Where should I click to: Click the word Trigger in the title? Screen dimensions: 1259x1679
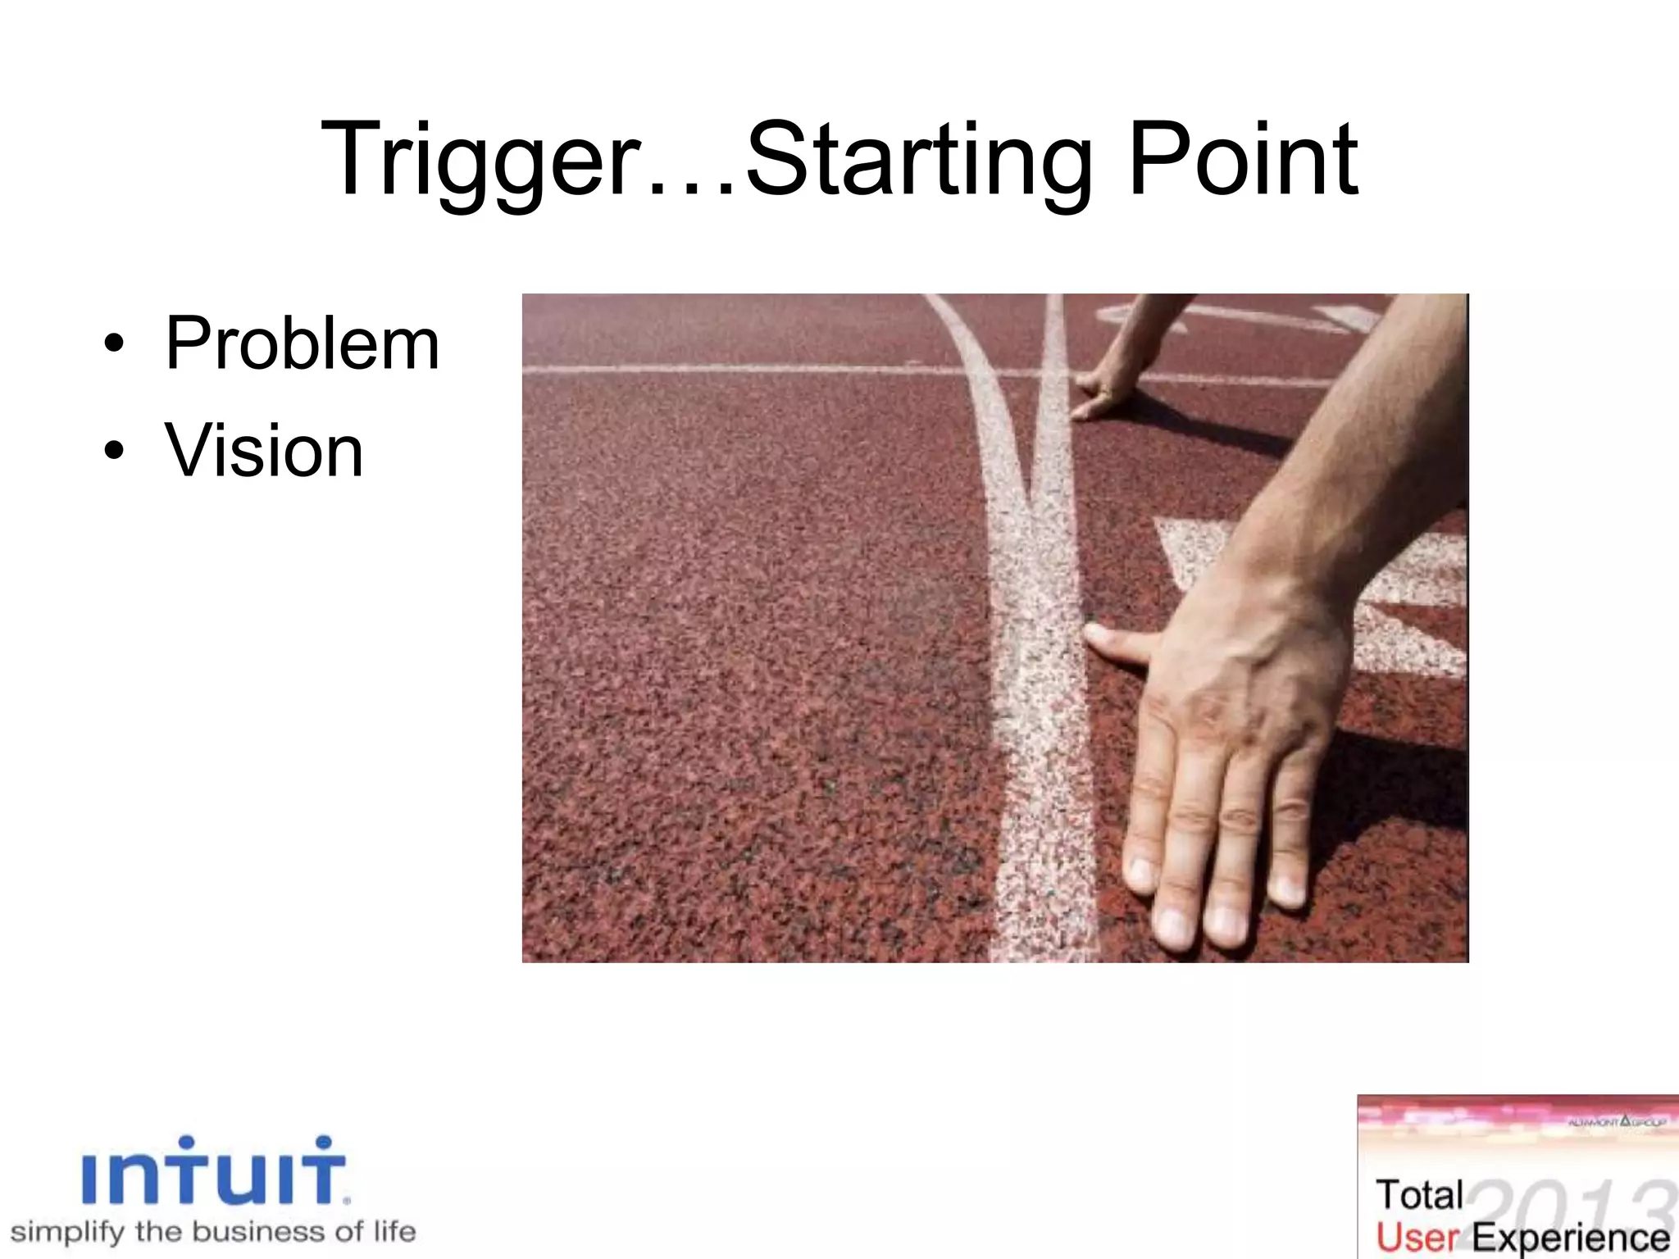480,160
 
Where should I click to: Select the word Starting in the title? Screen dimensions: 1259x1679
918,160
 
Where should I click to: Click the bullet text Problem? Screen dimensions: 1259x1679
302,344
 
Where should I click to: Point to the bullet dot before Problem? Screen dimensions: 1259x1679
114,344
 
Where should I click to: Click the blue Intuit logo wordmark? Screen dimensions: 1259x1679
215,1172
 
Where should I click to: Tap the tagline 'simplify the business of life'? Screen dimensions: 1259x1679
213,1232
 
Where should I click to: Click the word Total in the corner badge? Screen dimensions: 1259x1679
1419,1195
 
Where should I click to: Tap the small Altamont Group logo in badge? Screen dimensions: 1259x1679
1615,1121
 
